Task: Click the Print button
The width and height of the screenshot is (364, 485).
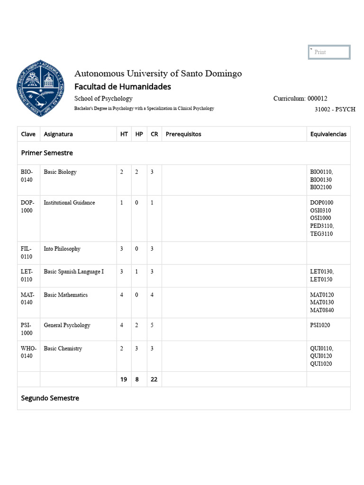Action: point(329,52)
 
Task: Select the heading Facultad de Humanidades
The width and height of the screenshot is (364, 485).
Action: point(123,87)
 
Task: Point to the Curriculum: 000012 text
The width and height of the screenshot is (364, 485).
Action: point(300,99)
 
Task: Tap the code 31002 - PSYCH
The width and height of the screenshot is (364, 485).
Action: point(335,109)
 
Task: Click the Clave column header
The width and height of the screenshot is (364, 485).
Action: point(28,134)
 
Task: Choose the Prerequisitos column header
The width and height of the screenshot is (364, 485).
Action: point(183,134)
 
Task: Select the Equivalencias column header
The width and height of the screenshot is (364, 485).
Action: point(328,134)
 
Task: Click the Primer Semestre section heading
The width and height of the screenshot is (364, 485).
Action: point(47,153)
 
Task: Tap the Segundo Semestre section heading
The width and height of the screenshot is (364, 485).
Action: point(50,398)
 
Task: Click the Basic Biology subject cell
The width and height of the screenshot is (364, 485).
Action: point(60,172)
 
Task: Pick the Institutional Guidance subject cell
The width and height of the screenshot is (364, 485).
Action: point(69,203)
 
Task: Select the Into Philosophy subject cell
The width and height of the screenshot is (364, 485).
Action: point(62,249)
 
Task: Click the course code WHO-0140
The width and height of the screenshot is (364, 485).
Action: point(28,352)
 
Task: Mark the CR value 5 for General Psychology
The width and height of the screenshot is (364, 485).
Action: point(152,325)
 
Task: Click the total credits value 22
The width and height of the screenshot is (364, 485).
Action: point(154,379)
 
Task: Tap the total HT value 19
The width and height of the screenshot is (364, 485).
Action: point(124,379)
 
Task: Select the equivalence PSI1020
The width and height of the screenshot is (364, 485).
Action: point(320,325)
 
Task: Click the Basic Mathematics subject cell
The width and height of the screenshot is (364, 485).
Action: point(66,295)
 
